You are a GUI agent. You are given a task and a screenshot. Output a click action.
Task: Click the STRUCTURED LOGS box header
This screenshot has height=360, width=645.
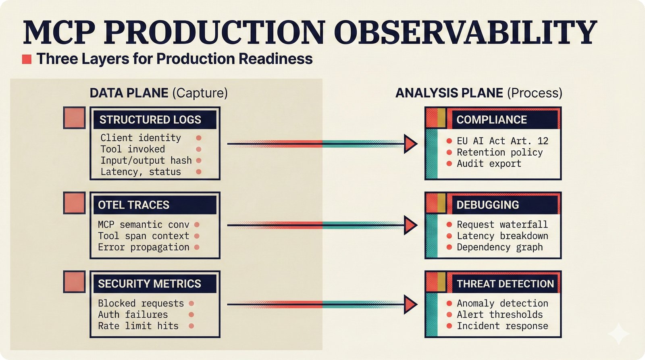click(150, 120)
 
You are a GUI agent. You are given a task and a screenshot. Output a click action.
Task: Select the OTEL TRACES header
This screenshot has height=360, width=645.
click(133, 205)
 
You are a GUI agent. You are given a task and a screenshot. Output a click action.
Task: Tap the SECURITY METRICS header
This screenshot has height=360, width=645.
click(150, 284)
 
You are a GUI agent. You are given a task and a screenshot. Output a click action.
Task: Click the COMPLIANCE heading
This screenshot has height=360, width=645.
click(491, 120)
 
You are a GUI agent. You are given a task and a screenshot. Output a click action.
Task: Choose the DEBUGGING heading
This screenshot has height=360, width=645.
click(487, 205)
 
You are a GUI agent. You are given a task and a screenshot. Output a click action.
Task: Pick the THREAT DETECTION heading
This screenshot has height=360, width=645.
click(505, 284)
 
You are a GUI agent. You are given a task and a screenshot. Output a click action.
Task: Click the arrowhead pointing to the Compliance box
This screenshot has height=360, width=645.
click(410, 144)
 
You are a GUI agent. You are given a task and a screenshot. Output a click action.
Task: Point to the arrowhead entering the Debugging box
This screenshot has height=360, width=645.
click(410, 225)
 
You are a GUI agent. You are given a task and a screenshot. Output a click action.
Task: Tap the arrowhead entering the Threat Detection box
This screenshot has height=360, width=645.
click(410, 304)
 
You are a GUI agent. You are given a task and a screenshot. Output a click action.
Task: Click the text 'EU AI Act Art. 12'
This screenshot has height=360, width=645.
click(502, 141)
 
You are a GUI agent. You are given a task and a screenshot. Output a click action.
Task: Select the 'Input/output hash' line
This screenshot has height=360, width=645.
click(146, 160)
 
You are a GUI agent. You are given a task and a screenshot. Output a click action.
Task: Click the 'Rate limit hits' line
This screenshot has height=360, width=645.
click(138, 326)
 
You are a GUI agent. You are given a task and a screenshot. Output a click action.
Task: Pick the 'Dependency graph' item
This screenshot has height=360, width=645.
click(499, 247)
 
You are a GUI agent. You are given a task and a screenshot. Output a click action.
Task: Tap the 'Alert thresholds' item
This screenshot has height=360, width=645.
click(499, 314)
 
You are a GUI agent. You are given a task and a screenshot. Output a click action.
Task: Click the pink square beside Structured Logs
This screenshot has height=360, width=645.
click(74, 118)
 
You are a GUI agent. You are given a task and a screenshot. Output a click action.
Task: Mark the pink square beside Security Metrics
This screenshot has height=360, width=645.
click(74, 282)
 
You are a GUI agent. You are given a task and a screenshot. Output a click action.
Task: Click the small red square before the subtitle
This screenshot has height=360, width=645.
click(27, 59)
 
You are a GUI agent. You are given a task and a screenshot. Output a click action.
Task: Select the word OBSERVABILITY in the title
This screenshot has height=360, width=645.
click(465, 32)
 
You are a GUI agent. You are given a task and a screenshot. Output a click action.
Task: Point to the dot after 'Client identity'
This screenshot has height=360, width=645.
click(199, 138)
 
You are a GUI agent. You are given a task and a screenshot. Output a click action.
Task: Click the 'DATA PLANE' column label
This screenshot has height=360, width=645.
click(129, 93)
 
